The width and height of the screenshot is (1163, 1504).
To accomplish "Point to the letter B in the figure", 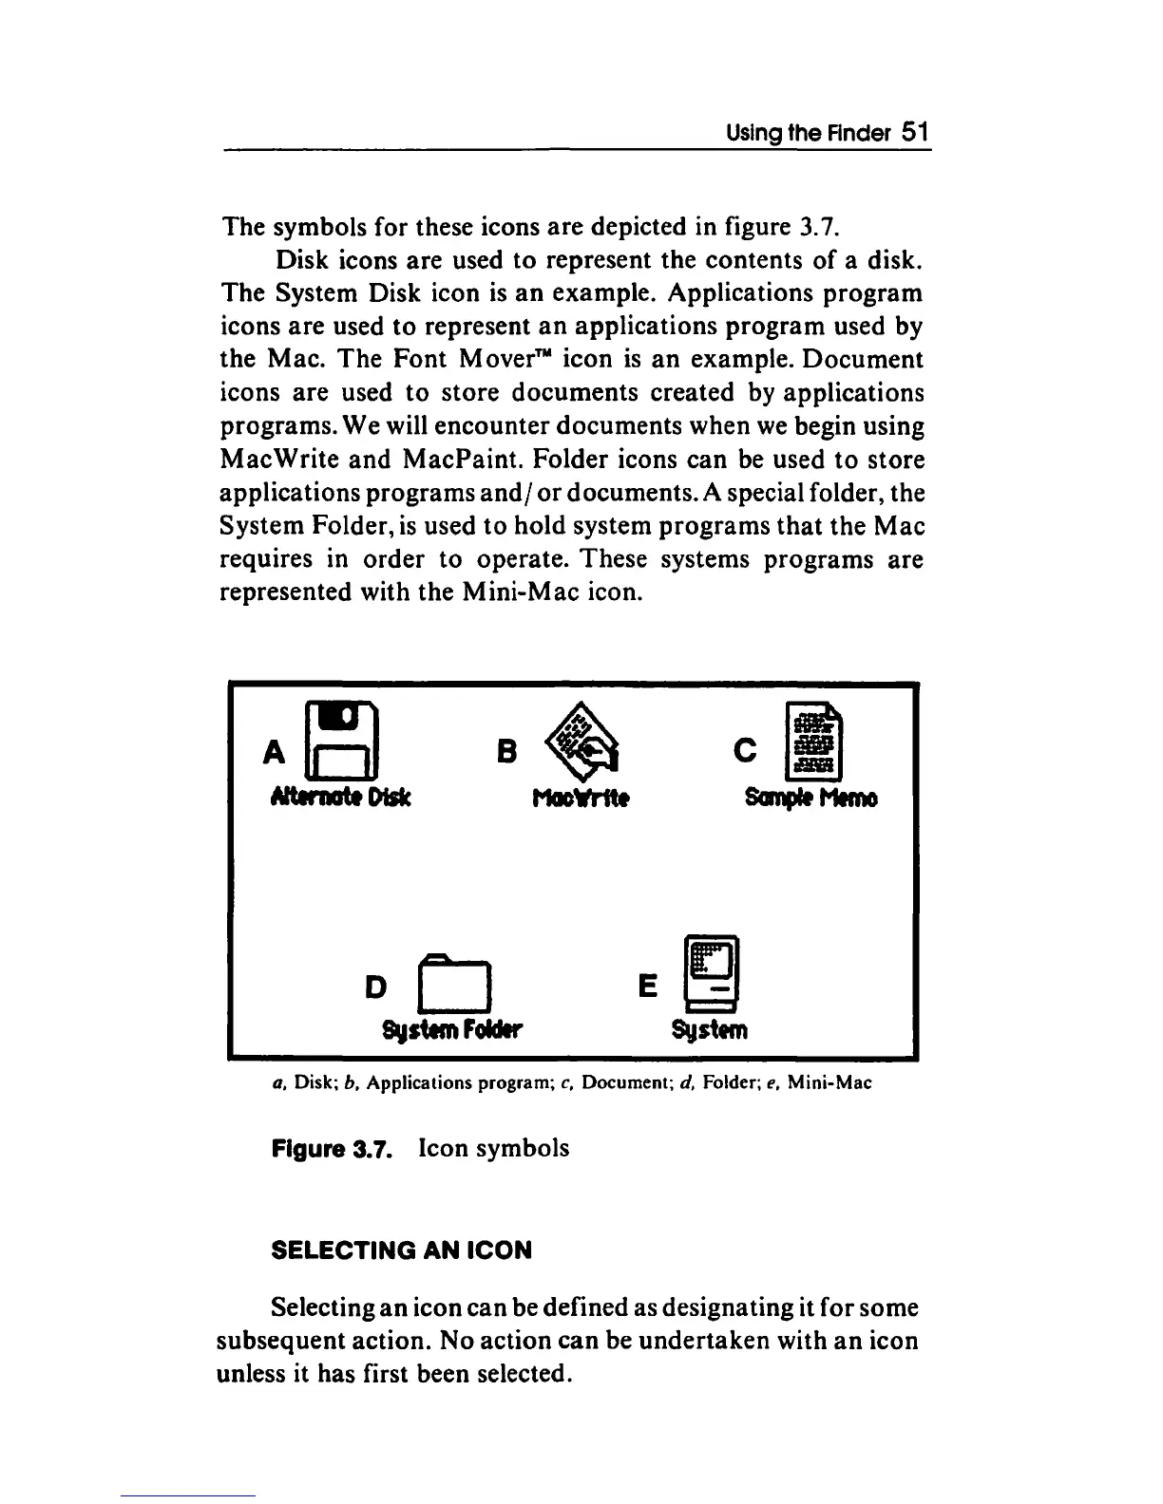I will (506, 752).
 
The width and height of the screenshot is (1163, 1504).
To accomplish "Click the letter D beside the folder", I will (376, 987).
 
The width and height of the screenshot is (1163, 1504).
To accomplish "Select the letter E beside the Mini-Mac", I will (647, 987).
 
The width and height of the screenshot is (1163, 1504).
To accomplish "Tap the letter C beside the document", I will (746, 752).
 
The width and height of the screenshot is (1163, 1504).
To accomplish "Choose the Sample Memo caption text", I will (810, 799).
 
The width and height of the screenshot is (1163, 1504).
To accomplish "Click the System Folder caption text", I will (452, 1030).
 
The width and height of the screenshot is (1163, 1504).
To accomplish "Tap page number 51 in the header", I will (914, 131).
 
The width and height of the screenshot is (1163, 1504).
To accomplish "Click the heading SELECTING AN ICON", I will (402, 1250).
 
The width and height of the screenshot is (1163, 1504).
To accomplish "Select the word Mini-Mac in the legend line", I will (832, 1082).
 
